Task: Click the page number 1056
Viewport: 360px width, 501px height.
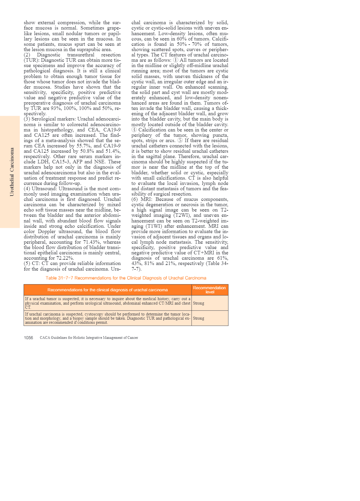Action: (x=28, y=338)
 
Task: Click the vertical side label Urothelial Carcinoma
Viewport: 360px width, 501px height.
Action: (x=12, y=172)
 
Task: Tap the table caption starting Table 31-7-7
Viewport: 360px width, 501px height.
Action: (x=126, y=278)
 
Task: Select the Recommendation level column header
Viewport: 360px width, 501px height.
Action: (x=210, y=290)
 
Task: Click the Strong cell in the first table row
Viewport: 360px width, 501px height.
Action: (x=199, y=303)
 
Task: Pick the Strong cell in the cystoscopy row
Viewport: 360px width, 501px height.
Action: (x=199, y=318)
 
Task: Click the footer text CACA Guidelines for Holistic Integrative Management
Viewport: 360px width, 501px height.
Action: (x=89, y=338)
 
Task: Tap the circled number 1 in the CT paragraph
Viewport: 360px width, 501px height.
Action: (x=176, y=60)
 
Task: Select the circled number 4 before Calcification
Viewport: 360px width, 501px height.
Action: (x=134, y=130)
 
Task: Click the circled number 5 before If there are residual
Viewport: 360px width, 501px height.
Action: (x=180, y=140)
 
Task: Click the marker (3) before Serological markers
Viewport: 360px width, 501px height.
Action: (x=27, y=119)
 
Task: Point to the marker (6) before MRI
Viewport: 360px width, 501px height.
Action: (x=134, y=199)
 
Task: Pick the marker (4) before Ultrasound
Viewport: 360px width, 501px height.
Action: (x=27, y=189)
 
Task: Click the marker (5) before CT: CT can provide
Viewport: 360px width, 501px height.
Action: (x=27, y=263)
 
